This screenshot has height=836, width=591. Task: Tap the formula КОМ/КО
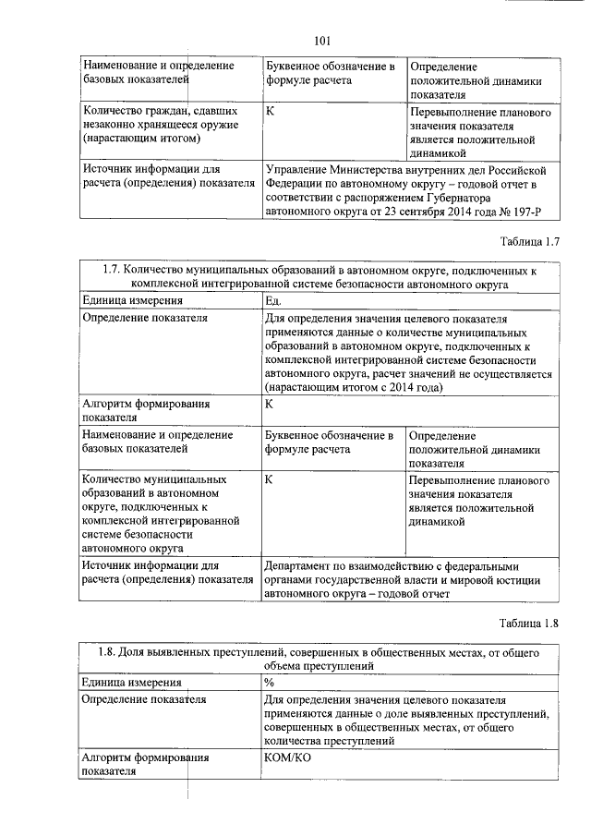(290, 757)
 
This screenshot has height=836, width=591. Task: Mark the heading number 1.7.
(110, 271)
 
